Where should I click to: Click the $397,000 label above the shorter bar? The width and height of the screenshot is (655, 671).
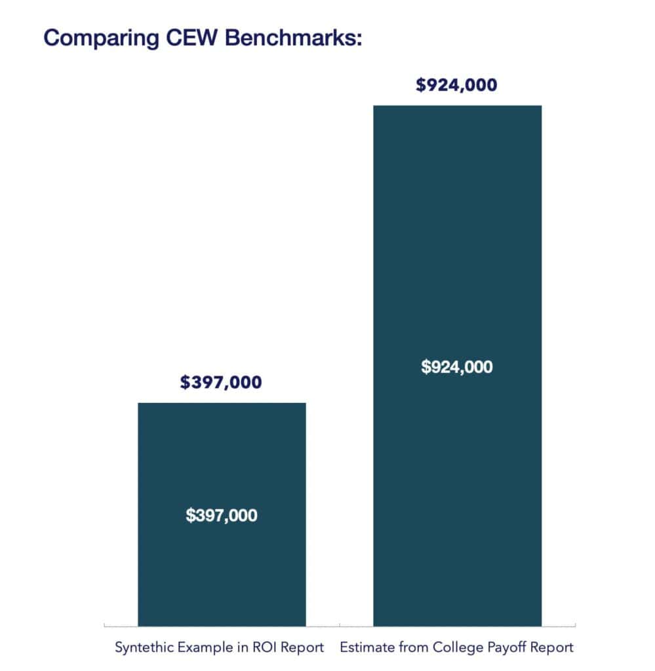tap(221, 382)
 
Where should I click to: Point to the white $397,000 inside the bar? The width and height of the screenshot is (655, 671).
tap(221, 515)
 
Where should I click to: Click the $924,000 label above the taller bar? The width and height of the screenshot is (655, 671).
tap(457, 85)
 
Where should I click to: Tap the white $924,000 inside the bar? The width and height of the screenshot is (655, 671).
tap(457, 367)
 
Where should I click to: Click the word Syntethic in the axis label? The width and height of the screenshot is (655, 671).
tap(143, 647)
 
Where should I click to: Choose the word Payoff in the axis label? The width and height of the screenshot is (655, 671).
tap(506, 647)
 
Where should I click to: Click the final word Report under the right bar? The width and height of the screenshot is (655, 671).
tap(553, 647)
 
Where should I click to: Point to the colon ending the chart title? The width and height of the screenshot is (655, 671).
tap(359, 39)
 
